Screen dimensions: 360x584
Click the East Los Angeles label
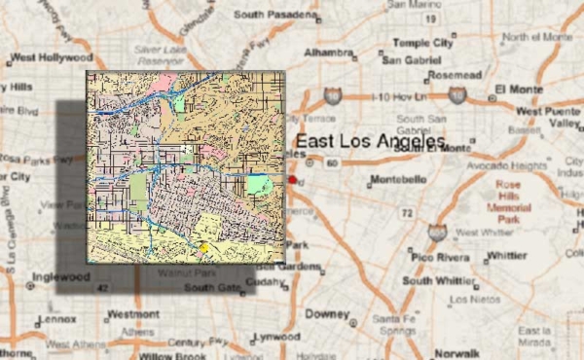pos(370,142)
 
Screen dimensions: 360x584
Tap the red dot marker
pos(292,180)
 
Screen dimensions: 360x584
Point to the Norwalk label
pos(456,353)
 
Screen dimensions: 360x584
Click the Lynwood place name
pos(276,337)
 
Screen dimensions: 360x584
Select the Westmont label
pos(133,314)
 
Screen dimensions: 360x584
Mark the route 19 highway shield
pos(430,18)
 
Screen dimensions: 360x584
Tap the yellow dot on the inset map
pos(204,248)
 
